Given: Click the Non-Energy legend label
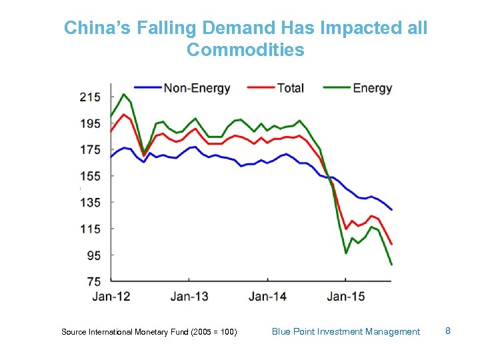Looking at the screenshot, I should click(x=197, y=88).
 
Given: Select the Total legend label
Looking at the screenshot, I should click(x=290, y=88).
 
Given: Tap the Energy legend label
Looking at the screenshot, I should click(x=372, y=88).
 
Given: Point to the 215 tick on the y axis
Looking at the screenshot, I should click(x=90, y=97).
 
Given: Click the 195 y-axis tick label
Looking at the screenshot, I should click(x=90, y=124).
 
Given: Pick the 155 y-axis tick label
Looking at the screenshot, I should click(x=90, y=177).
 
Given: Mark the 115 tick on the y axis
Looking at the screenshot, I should click(x=90, y=229).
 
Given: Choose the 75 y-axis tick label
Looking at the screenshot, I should click(x=94, y=281).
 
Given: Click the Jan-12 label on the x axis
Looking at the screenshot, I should click(x=111, y=296).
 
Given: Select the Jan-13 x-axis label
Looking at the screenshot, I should click(x=189, y=296).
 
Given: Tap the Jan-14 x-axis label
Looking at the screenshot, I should click(x=268, y=296).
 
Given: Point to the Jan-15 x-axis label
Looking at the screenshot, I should click(x=346, y=296).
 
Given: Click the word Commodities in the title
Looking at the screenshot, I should click(x=245, y=50).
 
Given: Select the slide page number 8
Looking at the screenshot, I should click(x=448, y=331).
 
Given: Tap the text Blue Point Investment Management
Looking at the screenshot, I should click(x=346, y=331).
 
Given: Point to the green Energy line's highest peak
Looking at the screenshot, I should click(x=123, y=94).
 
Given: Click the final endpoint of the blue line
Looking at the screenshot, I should click(x=391, y=210).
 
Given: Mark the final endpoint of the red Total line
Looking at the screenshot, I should click(x=391, y=244).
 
